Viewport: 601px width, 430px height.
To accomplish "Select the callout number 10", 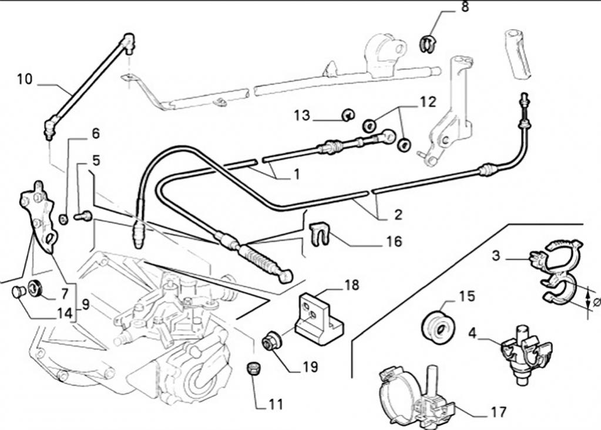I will (x=25, y=79).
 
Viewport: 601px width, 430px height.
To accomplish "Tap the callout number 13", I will (x=302, y=116).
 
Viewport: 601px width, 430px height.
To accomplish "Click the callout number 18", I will (x=351, y=285).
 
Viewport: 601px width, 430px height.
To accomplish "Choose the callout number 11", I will (x=276, y=404).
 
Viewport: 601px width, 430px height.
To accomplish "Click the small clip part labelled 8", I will (x=428, y=43).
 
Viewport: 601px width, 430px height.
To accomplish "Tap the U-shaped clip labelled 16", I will (x=317, y=234).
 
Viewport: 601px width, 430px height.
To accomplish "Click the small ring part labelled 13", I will (x=347, y=115).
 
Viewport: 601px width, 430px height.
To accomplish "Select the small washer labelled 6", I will (x=63, y=219).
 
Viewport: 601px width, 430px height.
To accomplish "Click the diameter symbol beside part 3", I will (x=596, y=302).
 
